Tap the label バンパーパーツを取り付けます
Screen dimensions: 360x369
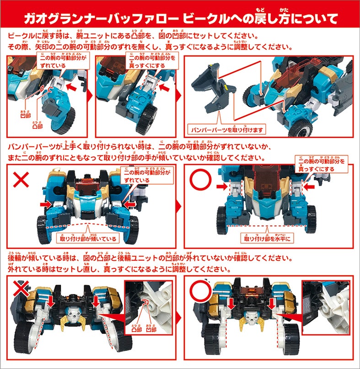227,130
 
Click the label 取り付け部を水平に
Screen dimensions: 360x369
267,239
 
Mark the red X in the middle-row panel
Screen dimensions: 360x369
21,180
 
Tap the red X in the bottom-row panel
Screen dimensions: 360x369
21,289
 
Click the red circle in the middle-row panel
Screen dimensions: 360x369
201,180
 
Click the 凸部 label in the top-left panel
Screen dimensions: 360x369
38,126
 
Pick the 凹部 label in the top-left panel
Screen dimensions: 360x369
26,116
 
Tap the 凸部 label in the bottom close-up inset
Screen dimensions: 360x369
137,330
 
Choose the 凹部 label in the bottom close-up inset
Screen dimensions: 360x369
151,330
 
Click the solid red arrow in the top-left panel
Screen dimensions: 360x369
71,87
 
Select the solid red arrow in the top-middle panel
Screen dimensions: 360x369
165,87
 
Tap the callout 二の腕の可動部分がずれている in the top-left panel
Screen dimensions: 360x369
63,62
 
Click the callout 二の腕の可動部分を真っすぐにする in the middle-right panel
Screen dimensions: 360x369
322,165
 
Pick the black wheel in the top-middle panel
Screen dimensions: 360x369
146,119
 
